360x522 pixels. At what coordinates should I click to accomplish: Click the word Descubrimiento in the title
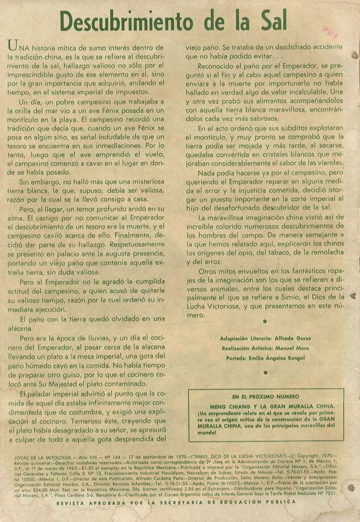point(126,21)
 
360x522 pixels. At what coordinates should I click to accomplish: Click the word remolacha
point(324,252)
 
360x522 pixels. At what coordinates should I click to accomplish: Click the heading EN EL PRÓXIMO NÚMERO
point(266,397)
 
